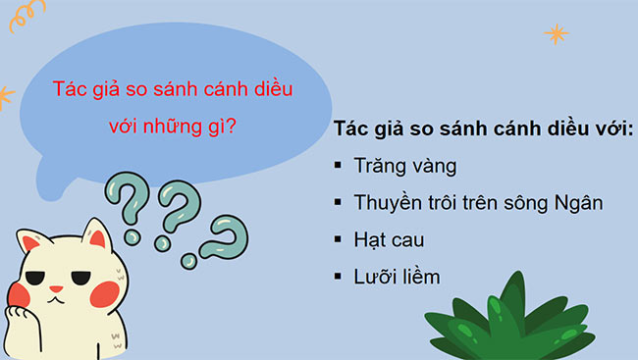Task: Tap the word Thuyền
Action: tap(388, 203)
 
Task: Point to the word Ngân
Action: tap(577, 203)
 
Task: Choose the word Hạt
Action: tap(371, 239)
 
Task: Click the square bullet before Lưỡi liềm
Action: tap(337, 278)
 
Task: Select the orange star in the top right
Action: tap(557, 34)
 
